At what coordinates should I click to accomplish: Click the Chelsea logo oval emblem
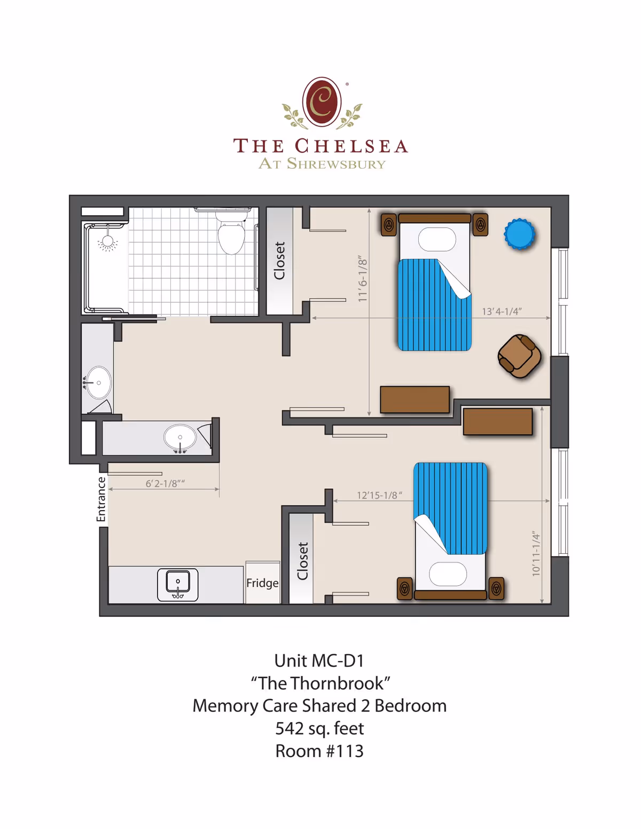tap(322, 101)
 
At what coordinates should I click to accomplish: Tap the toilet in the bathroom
tap(231, 236)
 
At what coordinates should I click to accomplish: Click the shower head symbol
tap(107, 242)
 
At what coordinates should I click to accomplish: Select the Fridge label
tap(262, 583)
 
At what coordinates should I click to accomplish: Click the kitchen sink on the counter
tap(178, 584)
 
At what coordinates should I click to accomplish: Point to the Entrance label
tap(101, 499)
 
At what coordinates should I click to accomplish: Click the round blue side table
tap(519, 234)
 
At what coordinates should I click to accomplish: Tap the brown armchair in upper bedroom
tap(519, 356)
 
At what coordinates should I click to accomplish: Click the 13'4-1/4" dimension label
tap(502, 311)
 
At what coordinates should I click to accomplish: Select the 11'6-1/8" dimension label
tap(363, 278)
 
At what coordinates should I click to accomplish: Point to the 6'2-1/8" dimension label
tap(165, 483)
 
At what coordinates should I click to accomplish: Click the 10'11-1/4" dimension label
tap(536, 553)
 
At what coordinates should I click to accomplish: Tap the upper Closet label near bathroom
tap(279, 260)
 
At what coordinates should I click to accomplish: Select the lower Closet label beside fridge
tap(303, 561)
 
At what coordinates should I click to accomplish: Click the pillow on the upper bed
tap(437, 239)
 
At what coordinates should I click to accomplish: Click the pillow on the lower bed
tap(448, 574)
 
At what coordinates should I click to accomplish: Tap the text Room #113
tap(319, 751)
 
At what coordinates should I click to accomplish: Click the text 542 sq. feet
tap(319, 729)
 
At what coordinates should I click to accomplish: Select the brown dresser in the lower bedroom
tap(497, 421)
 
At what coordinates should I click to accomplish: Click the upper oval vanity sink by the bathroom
tap(99, 382)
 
